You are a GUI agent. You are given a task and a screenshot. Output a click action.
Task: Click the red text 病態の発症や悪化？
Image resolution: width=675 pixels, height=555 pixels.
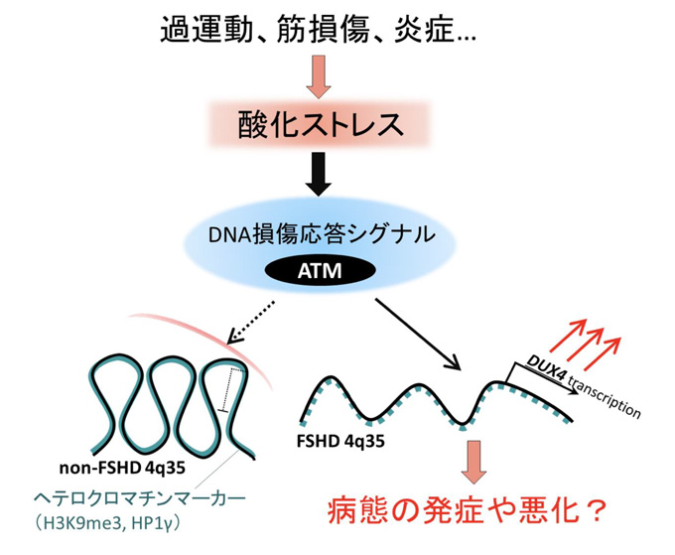click(466, 513)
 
